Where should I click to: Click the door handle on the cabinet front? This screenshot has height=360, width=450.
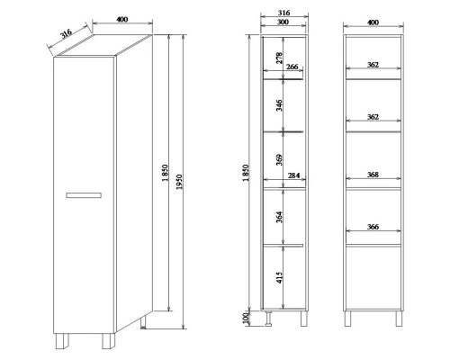[84, 195]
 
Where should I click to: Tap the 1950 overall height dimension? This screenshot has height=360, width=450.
[179, 182]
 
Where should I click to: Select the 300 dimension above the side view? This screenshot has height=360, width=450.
[283, 22]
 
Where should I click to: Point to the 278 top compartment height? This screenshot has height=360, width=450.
[279, 58]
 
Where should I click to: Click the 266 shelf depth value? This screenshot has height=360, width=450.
[292, 67]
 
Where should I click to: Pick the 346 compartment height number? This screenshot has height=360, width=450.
[279, 105]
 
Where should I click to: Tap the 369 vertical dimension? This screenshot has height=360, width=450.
[279, 159]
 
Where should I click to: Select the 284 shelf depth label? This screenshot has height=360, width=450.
[293, 175]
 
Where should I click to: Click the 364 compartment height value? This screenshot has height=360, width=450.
[279, 217]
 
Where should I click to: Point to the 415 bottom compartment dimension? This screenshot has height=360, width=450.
[279, 277]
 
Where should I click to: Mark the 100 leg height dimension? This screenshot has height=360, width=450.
[246, 318]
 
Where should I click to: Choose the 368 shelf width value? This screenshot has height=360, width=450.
[373, 175]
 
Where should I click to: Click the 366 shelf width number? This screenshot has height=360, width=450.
[373, 227]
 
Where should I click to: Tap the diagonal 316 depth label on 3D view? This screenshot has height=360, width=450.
[66, 33]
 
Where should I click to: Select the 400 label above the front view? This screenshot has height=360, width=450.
[373, 22]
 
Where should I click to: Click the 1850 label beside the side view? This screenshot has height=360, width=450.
[246, 173]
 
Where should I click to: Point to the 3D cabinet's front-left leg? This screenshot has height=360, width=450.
[62, 341]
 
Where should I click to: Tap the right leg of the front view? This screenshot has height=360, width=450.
[399, 319]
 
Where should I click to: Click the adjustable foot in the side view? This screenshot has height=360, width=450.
[268, 319]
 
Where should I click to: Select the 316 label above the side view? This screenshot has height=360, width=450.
[283, 13]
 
